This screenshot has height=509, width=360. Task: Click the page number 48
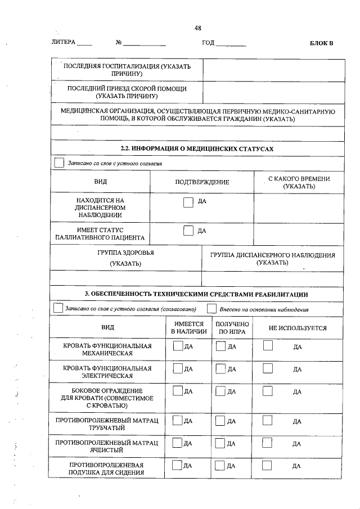[197, 28]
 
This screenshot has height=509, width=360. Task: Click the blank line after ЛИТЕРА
[84, 43]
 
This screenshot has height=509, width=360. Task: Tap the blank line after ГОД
[231, 43]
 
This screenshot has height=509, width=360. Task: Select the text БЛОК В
[321, 43]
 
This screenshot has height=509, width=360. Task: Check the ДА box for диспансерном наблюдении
[188, 202]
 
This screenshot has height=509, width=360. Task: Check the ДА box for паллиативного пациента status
[188, 231]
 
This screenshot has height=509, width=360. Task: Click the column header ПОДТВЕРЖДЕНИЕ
[202, 182]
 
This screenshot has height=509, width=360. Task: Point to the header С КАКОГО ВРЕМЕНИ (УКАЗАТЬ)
[299, 182]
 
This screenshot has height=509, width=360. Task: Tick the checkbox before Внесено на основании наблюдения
[211, 309]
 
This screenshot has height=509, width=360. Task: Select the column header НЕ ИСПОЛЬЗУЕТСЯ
[298, 328]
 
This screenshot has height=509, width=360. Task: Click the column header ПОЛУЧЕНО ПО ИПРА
[232, 328]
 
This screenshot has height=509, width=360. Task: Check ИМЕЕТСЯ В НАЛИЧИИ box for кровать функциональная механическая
[178, 346]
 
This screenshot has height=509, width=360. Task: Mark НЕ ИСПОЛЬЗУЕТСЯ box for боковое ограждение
[268, 391]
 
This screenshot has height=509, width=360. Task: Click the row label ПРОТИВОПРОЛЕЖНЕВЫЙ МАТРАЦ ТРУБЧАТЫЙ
[107, 425]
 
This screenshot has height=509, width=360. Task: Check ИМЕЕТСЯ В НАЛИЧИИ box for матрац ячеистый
[178, 443]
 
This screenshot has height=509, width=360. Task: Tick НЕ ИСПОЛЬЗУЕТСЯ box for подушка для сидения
[268, 465]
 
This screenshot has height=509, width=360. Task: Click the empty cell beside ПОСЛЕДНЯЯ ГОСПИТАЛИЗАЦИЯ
[273, 70]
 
